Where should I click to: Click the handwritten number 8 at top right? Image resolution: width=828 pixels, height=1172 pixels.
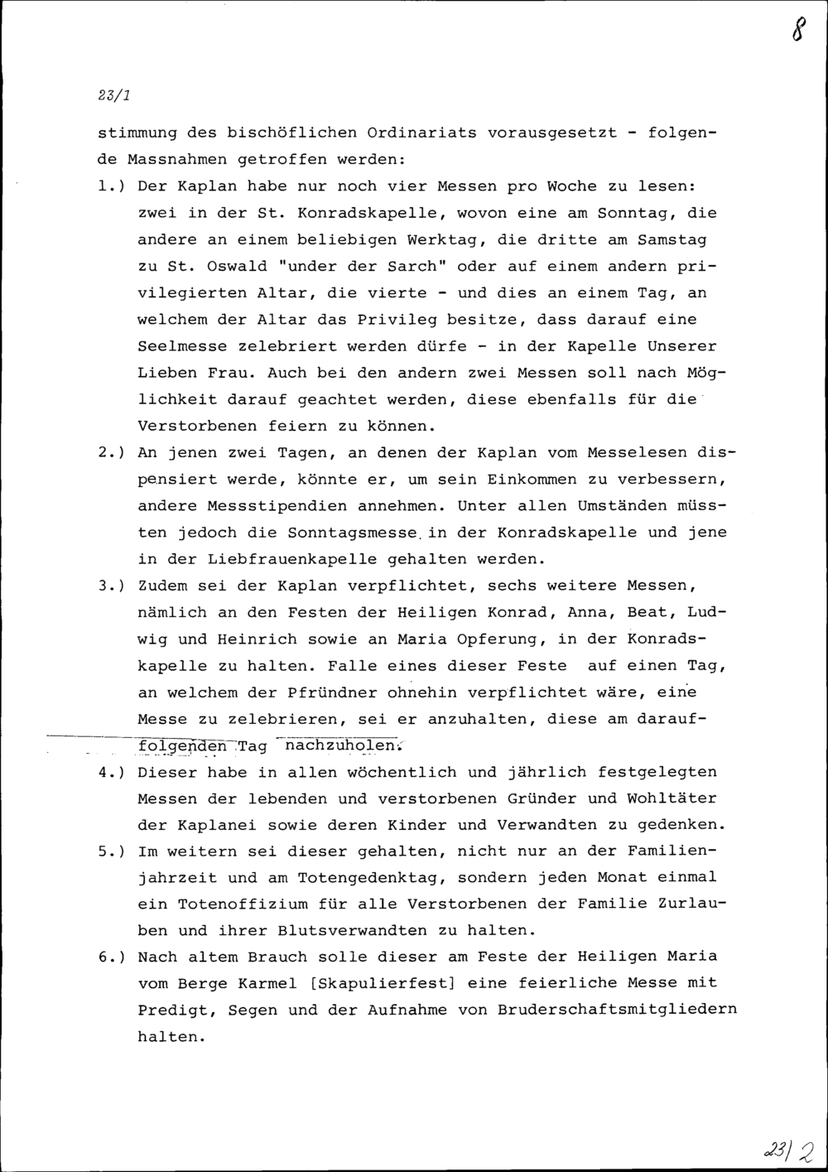coord(797,31)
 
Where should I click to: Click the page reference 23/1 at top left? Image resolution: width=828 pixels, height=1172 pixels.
coord(113,95)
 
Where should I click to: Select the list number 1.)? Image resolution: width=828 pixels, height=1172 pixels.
coord(111,186)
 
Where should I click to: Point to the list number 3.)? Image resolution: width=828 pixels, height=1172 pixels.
coord(111,586)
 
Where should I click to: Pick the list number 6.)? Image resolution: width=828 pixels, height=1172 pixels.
coord(111,957)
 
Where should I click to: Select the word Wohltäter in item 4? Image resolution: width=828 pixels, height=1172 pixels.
coord(672,799)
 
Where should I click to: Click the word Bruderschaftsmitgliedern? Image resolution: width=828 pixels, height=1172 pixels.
coord(618,1010)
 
